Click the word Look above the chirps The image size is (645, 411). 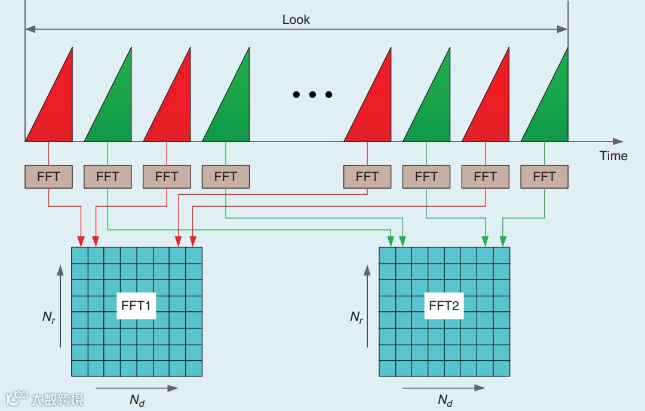coord(296,20)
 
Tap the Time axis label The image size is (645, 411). coord(613,156)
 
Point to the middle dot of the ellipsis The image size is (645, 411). coord(312,94)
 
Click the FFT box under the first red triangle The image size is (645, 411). coord(48,176)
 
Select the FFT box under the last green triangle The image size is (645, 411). coord(544,176)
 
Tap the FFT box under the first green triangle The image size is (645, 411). coord(107,176)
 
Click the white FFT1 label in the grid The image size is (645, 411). coord(136,306)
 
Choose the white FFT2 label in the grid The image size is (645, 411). coord(444,306)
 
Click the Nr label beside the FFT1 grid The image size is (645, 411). coord(49,317)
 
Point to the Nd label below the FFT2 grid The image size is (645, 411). coord(445,400)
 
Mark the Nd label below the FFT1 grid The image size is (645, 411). coord(137,400)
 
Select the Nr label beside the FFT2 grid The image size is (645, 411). coord(357,317)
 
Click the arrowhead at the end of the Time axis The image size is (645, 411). coord(619,142)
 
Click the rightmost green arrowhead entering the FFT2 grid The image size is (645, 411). coord(503,241)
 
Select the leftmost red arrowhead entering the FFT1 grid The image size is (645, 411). coord(81,241)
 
